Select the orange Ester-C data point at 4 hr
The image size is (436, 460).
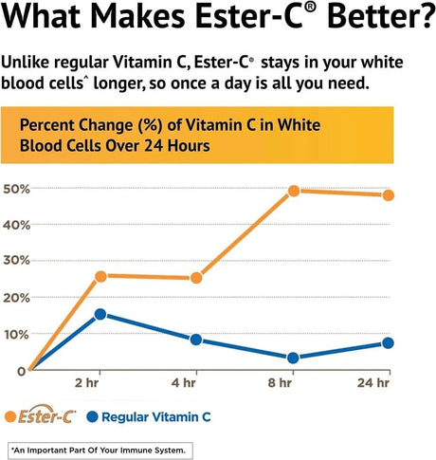pos(196,278)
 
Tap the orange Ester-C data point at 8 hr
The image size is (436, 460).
pos(294,191)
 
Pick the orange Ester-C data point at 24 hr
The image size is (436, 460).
pos(389,195)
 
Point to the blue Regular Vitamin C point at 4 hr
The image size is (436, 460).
pos(196,340)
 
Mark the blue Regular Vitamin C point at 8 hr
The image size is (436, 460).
pos(294,358)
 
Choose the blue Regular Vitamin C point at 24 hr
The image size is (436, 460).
pos(389,343)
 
